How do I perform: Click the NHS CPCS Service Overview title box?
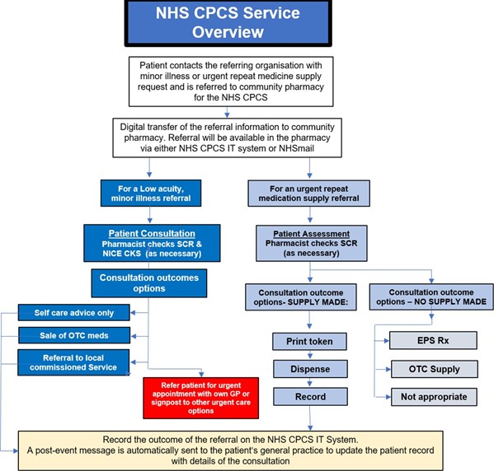(228, 23)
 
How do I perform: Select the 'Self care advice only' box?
(74, 313)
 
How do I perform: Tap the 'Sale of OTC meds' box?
(74, 335)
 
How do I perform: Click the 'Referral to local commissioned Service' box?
(73, 362)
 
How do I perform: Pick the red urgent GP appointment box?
(201, 398)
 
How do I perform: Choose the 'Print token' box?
(310, 342)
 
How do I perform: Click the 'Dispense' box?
(310, 369)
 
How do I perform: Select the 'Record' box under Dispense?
(310, 397)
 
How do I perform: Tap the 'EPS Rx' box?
(433, 340)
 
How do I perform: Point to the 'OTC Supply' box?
(435, 369)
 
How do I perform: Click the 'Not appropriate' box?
(434, 397)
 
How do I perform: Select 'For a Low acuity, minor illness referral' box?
(151, 194)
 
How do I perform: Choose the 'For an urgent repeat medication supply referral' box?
(309, 194)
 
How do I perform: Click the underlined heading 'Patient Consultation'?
(152, 234)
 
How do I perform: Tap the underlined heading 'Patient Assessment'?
(312, 234)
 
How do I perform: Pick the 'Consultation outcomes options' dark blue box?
(149, 283)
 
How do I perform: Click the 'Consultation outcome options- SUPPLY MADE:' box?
(301, 297)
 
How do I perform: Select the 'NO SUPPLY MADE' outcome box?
(431, 296)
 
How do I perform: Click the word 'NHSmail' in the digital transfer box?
(296, 148)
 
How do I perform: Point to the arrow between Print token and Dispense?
(310, 355)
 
